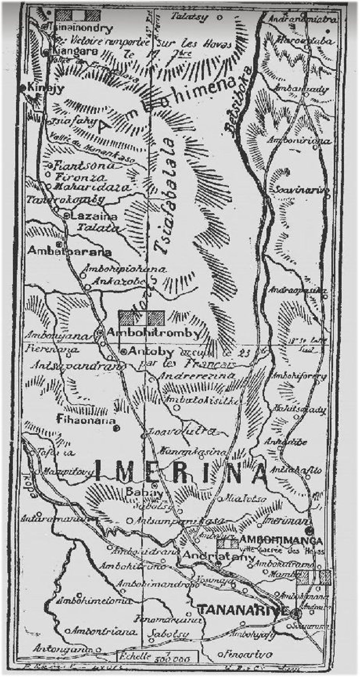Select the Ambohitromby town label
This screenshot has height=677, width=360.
point(153,333)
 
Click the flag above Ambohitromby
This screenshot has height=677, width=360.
point(141,318)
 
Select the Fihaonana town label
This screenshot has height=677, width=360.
point(86,420)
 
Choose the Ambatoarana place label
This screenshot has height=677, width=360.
point(69,252)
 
